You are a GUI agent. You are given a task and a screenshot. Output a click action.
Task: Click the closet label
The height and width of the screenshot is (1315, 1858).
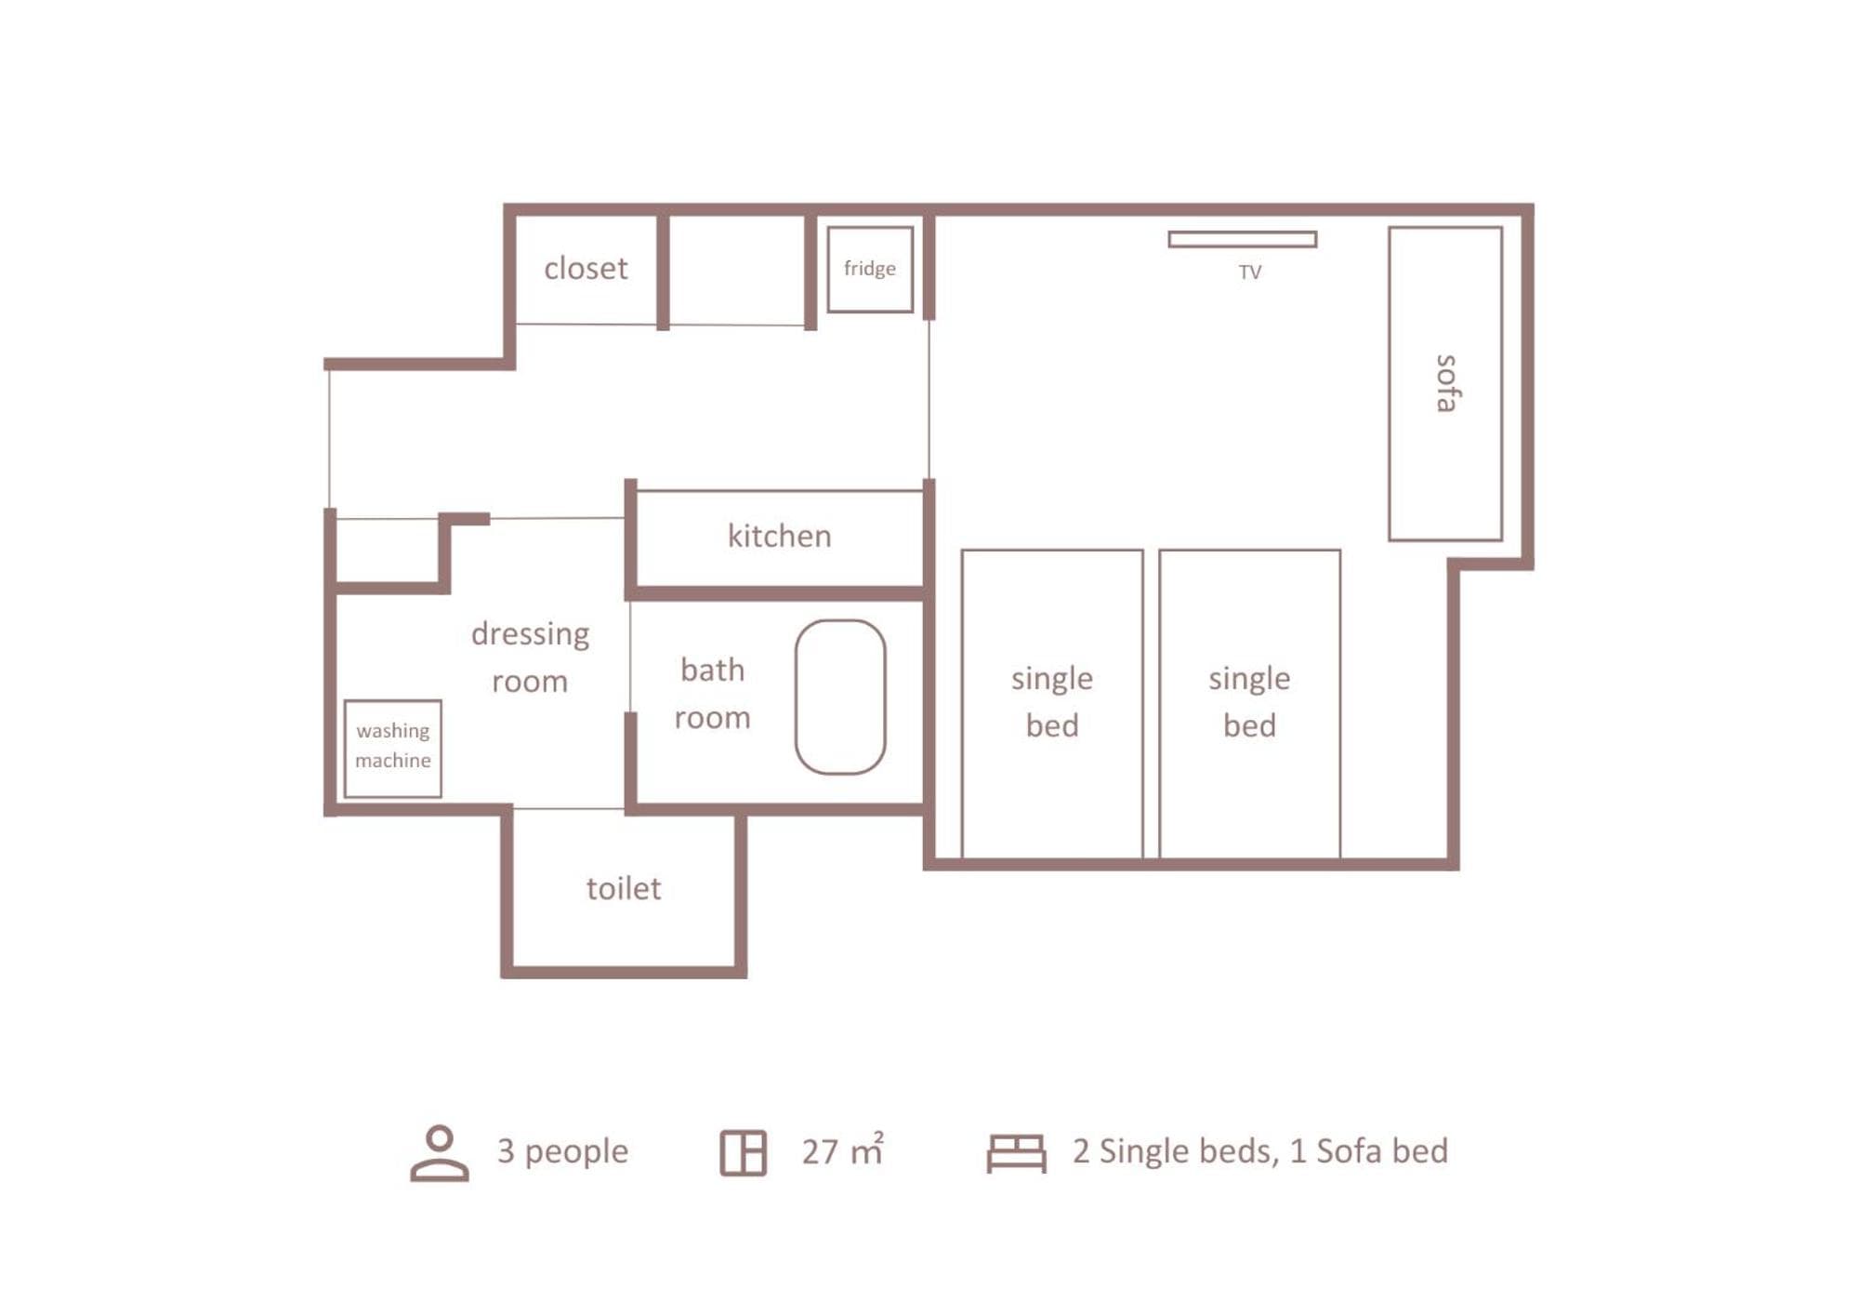click(586, 268)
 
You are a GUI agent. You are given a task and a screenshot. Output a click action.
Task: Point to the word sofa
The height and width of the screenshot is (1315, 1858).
click(1445, 383)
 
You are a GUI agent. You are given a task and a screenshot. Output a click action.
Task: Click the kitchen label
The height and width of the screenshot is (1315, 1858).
click(779, 536)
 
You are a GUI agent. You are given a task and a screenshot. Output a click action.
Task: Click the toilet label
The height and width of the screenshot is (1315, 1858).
click(624, 888)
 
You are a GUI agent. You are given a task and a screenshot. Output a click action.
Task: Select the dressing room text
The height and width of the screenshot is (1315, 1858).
click(530, 657)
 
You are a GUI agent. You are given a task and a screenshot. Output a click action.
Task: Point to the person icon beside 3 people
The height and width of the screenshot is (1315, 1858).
click(440, 1153)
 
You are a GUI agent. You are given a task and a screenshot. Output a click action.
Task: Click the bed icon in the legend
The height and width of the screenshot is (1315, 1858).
click(1016, 1153)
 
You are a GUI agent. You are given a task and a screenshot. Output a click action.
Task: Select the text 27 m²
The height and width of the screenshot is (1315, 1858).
click(843, 1150)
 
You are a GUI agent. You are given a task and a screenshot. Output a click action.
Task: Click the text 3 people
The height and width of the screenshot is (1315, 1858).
click(562, 1151)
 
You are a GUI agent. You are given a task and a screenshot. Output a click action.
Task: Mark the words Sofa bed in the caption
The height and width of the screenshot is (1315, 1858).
click(1382, 1150)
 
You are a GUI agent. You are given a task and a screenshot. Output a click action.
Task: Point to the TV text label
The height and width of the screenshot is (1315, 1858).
click(1249, 272)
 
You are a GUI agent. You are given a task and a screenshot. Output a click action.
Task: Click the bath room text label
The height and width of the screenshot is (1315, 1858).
click(712, 693)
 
